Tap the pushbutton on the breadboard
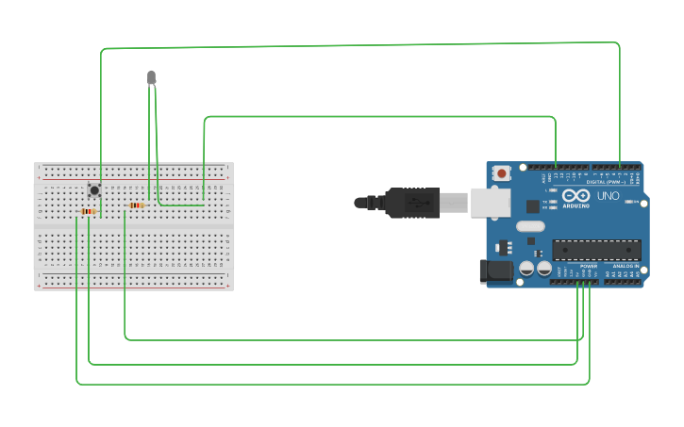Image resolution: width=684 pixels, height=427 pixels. (x=94, y=190)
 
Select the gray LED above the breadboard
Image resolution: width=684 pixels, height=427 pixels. (x=151, y=77)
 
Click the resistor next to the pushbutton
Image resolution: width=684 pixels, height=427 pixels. (x=89, y=211)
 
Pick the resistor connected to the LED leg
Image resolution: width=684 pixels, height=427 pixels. (x=137, y=205)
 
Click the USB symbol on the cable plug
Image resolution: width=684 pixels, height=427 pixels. (x=414, y=202)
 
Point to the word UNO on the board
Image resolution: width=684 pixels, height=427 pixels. (x=609, y=196)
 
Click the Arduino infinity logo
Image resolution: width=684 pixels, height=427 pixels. (x=576, y=195)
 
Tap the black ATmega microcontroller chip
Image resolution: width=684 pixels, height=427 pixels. (x=596, y=250)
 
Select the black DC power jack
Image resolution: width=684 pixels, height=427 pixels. (x=495, y=271)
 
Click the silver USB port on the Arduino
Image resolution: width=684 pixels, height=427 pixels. (x=491, y=202)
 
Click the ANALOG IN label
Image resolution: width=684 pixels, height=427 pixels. (x=626, y=267)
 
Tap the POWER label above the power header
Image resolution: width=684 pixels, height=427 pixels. (x=589, y=267)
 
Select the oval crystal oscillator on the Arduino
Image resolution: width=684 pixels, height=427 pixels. (x=530, y=226)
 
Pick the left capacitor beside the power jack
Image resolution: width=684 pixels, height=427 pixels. (x=526, y=269)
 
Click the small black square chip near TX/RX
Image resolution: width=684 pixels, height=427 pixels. (x=533, y=205)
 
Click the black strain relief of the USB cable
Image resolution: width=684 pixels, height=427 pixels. (x=373, y=202)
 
